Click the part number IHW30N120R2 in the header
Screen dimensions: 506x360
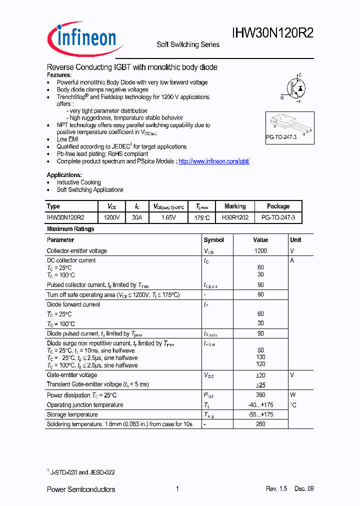click(273, 33)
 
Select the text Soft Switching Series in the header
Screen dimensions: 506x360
click(188, 44)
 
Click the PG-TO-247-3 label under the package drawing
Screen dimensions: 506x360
click(281, 136)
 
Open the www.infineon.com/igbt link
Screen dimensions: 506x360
click(213, 161)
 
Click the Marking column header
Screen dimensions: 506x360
click(235, 206)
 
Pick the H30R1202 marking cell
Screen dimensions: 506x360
click(235, 218)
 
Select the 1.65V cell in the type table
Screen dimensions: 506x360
click(168, 218)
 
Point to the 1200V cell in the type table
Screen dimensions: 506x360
click(111, 218)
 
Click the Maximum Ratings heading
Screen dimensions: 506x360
click(70, 229)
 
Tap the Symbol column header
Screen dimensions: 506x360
click(213, 240)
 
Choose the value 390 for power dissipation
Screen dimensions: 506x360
click(260, 395)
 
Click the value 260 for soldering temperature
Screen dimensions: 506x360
click(260, 424)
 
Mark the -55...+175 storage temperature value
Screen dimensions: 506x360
click(260, 414)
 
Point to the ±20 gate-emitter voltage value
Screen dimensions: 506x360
click(260, 375)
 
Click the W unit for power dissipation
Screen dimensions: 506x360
click(293, 395)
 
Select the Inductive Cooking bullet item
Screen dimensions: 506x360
click(78, 182)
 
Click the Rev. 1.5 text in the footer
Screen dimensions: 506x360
click(276, 489)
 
